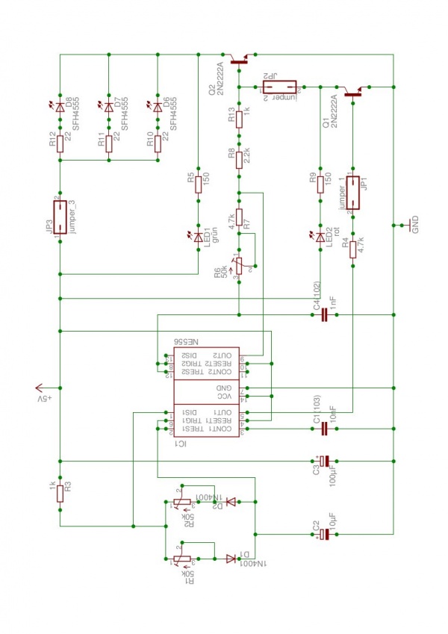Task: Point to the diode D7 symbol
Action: (109, 108)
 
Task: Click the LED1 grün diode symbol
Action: (199, 237)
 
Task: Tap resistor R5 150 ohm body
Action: (199, 184)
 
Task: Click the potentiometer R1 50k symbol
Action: (179, 557)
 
